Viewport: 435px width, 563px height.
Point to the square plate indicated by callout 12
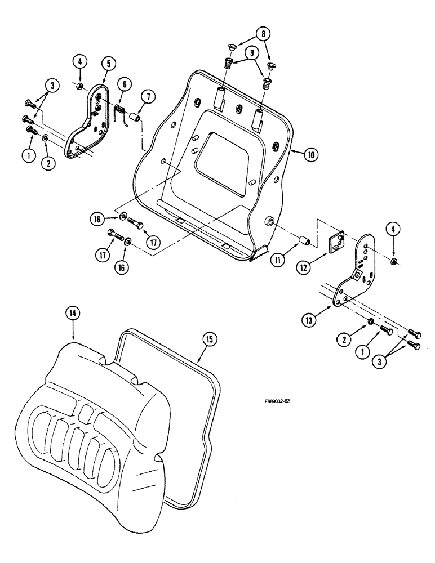(337, 243)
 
